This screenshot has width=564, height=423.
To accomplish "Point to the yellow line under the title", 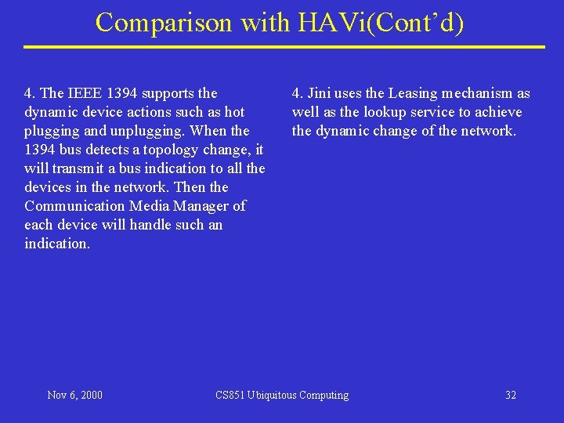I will (284, 47).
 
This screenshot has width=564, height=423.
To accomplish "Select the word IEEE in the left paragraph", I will (85, 93).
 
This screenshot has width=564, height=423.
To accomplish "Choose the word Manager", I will (208, 206).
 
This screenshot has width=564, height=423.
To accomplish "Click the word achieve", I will (498, 112).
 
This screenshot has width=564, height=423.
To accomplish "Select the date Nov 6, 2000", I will (74, 395).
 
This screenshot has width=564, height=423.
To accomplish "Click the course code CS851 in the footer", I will (230, 395).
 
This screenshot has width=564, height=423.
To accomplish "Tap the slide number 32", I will (511, 395).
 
